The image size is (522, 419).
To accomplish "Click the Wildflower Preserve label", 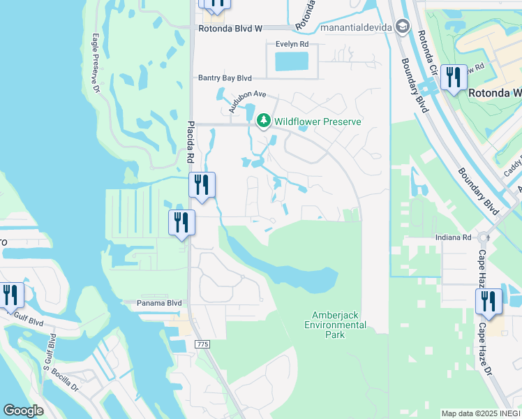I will tap(318, 122).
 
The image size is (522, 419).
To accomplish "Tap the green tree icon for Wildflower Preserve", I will tap(263, 122).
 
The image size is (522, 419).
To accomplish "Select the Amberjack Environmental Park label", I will tap(335, 325).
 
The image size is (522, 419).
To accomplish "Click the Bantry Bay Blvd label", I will tap(224, 78).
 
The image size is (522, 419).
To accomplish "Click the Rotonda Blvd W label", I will tap(230, 29).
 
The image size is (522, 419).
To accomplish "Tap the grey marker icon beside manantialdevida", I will tap(402, 27).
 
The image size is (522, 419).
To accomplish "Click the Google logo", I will tap(24, 411).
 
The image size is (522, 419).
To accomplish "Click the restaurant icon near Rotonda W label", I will tap(454, 78).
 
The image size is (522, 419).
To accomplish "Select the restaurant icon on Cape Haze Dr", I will tap(489, 301).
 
